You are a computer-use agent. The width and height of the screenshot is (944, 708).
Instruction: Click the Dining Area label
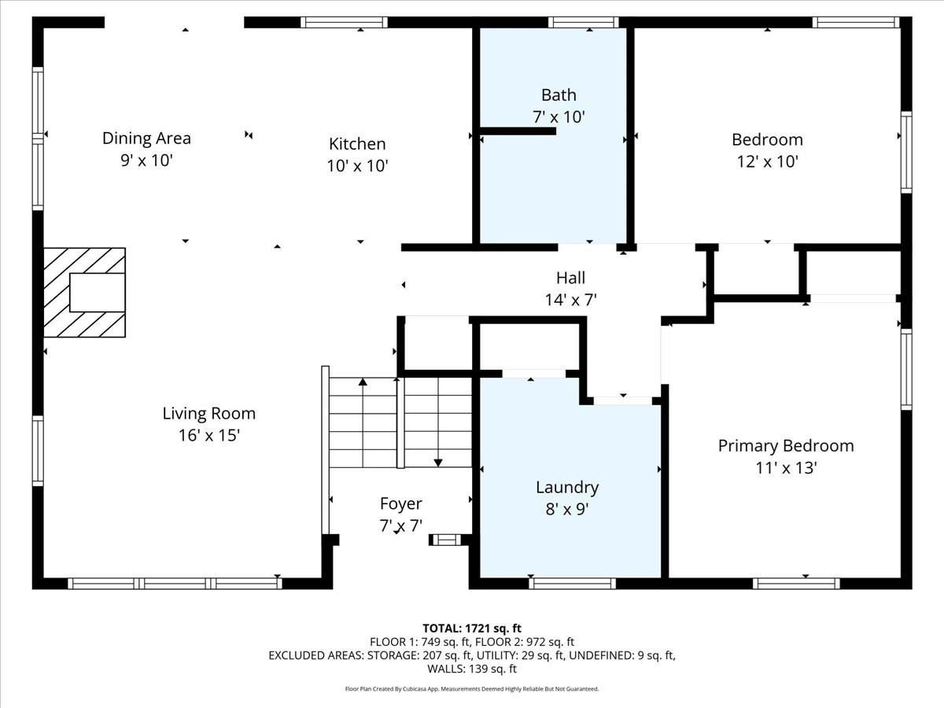coord(146,138)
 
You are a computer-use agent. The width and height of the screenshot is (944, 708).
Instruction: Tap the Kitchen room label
coord(357,144)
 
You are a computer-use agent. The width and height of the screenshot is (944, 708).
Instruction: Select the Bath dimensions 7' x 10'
coord(559,116)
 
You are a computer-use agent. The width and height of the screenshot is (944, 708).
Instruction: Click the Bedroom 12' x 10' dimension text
coord(767,162)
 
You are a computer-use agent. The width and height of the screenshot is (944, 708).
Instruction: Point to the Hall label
coord(570,278)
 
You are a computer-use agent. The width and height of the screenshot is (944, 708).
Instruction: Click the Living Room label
coord(208,413)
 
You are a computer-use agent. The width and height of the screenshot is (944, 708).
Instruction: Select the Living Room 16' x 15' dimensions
coord(208,435)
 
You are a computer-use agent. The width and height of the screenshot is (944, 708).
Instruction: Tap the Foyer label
coord(400,503)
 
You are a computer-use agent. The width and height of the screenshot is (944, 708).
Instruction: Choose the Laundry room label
coord(567,488)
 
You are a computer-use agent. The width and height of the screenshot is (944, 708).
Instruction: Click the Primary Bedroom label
coord(785,446)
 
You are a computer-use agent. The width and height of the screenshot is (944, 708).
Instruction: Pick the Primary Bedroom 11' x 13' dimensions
coord(785,468)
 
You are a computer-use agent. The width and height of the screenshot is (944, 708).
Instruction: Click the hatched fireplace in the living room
coord(84,293)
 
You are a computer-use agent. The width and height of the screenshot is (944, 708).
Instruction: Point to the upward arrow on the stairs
coord(363,384)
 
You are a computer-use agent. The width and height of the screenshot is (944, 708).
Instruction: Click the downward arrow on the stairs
coord(438,461)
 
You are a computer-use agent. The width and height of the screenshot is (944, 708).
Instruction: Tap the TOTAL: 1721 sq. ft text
coord(471,628)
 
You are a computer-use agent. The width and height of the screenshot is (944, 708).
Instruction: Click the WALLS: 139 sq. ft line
coord(471,669)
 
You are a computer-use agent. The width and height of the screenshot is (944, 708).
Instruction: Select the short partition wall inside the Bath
coord(517,131)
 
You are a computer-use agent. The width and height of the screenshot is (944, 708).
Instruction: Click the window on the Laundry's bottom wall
coord(572,583)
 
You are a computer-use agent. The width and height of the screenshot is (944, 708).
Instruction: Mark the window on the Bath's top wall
coord(583,22)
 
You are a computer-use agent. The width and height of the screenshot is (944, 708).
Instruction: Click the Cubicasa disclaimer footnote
coord(471,689)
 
